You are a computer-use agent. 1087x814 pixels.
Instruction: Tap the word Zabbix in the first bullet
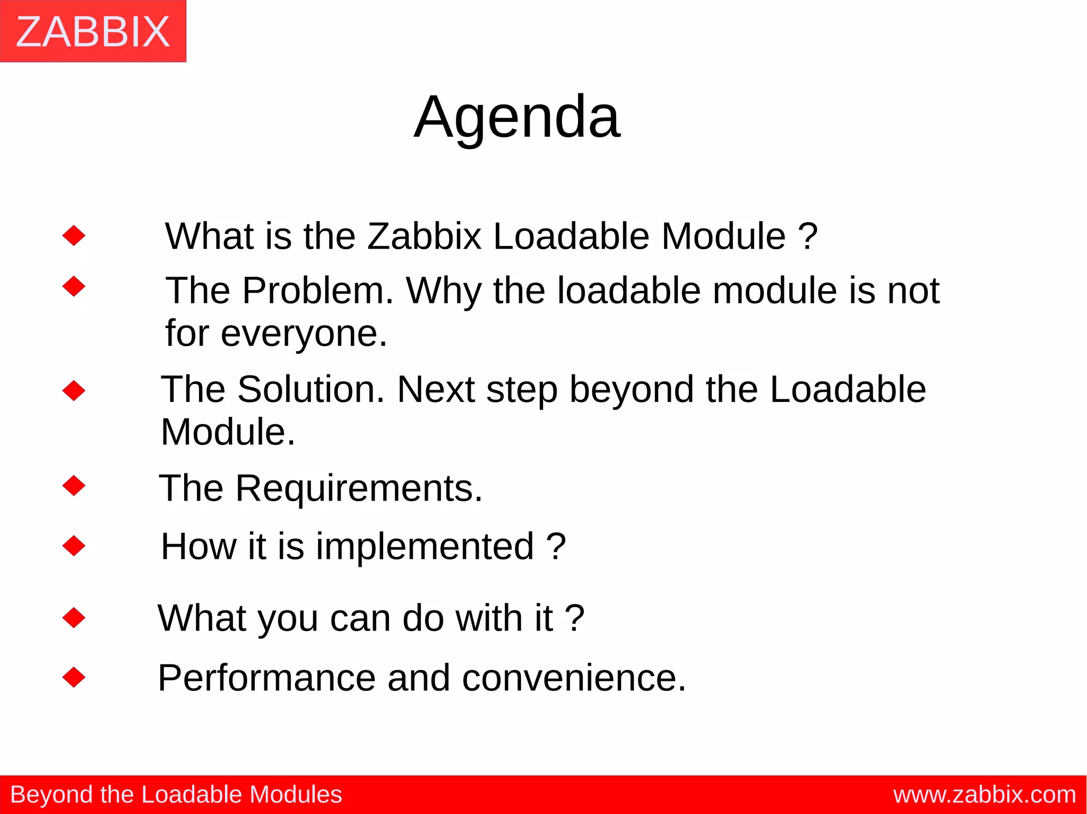424,236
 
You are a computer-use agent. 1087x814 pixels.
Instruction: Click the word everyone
304,334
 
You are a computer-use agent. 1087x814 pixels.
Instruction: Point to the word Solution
311,390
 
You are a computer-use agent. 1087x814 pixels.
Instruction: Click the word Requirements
359,488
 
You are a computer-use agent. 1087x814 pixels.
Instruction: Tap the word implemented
425,547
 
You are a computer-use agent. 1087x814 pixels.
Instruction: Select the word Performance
266,678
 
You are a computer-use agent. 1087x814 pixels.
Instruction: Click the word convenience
574,678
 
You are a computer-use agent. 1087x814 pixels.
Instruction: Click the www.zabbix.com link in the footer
985,795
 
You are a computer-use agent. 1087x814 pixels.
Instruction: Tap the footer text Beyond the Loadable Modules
176,795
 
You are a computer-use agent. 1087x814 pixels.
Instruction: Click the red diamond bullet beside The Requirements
74,485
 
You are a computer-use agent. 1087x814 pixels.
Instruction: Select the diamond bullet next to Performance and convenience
74,677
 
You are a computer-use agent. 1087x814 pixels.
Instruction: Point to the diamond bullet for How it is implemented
74,546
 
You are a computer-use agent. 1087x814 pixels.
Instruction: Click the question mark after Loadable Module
808,236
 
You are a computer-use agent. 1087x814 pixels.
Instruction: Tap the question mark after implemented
556,547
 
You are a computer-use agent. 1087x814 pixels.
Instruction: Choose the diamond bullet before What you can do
74,617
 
